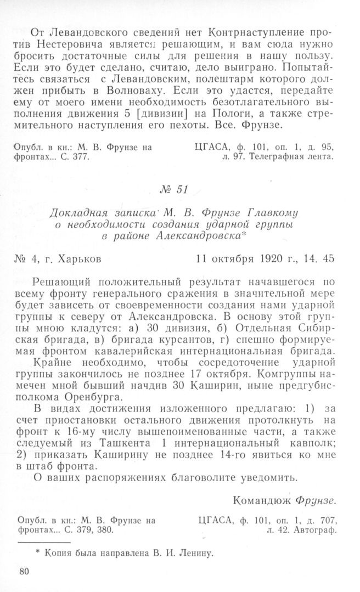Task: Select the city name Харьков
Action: coord(78,257)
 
